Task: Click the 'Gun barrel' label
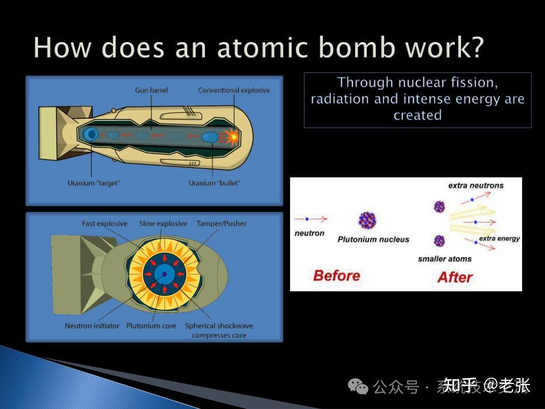(x=151, y=91)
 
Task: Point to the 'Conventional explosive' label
(x=234, y=91)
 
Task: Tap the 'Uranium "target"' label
(x=94, y=183)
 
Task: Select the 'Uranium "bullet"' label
(x=214, y=183)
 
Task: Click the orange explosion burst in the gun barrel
(x=232, y=137)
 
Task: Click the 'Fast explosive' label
(x=104, y=224)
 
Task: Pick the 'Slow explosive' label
(x=163, y=224)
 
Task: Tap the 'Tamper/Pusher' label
(x=221, y=224)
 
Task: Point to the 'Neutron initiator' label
(x=92, y=325)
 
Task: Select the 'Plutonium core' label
(x=151, y=325)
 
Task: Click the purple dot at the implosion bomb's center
(x=164, y=274)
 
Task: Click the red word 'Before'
(x=336, y=275)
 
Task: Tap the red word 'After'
(x=455, y=277)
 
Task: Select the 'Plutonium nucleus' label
(x=373, y=240)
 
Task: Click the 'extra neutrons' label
(x=475, y=186)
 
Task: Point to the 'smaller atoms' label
(x=444, y=259)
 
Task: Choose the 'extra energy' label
(x=499, y=239)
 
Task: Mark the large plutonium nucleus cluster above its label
(x=368, y=220)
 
